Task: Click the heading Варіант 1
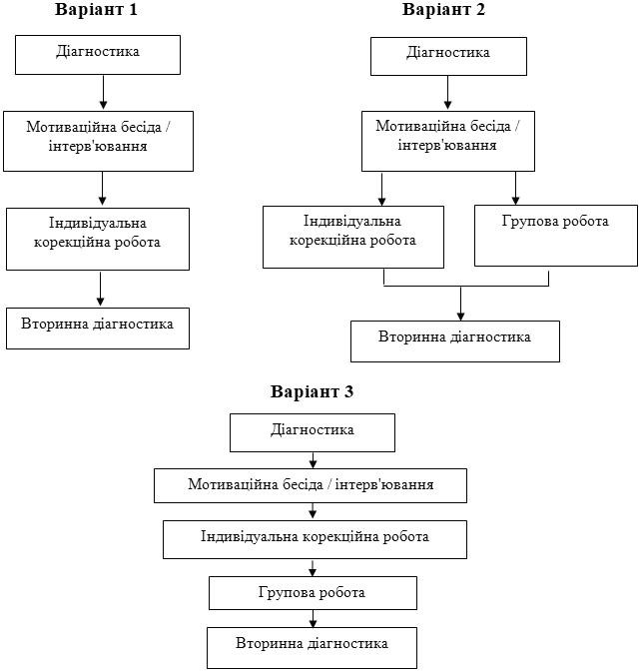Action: [97, 12]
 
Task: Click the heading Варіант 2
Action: [443, 10]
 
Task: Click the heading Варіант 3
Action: [312, 391]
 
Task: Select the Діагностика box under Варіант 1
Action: [98, 54]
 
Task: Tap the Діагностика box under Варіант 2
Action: [448, 55]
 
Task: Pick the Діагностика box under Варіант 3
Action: [313, 432]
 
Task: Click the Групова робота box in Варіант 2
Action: [555, 236]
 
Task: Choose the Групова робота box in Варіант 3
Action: [313, 593]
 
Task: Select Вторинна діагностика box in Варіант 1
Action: [98, 328]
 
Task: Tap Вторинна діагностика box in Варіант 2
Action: [454, 340]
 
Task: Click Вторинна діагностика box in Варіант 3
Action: [312, 647]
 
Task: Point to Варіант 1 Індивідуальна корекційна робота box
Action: [97, 238]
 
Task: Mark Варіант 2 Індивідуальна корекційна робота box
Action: [352, 236]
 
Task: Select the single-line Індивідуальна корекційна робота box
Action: [315, 539]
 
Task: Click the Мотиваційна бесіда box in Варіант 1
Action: [98, 140]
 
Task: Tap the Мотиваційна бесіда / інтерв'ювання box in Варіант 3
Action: [311, 486]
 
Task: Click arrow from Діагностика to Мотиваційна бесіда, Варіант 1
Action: [104, 92]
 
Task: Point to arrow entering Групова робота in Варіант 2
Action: [515, 187]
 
